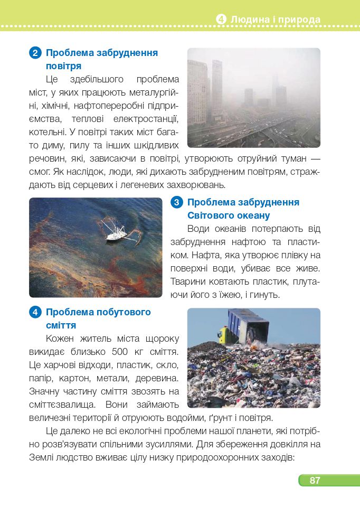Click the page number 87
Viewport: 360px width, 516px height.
(315, 480)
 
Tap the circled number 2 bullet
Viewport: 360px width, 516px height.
(35, 53)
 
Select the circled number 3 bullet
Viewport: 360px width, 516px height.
(177, 202)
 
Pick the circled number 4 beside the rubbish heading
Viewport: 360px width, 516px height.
(35, 312)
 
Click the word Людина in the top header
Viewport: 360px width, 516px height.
(247, 20)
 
